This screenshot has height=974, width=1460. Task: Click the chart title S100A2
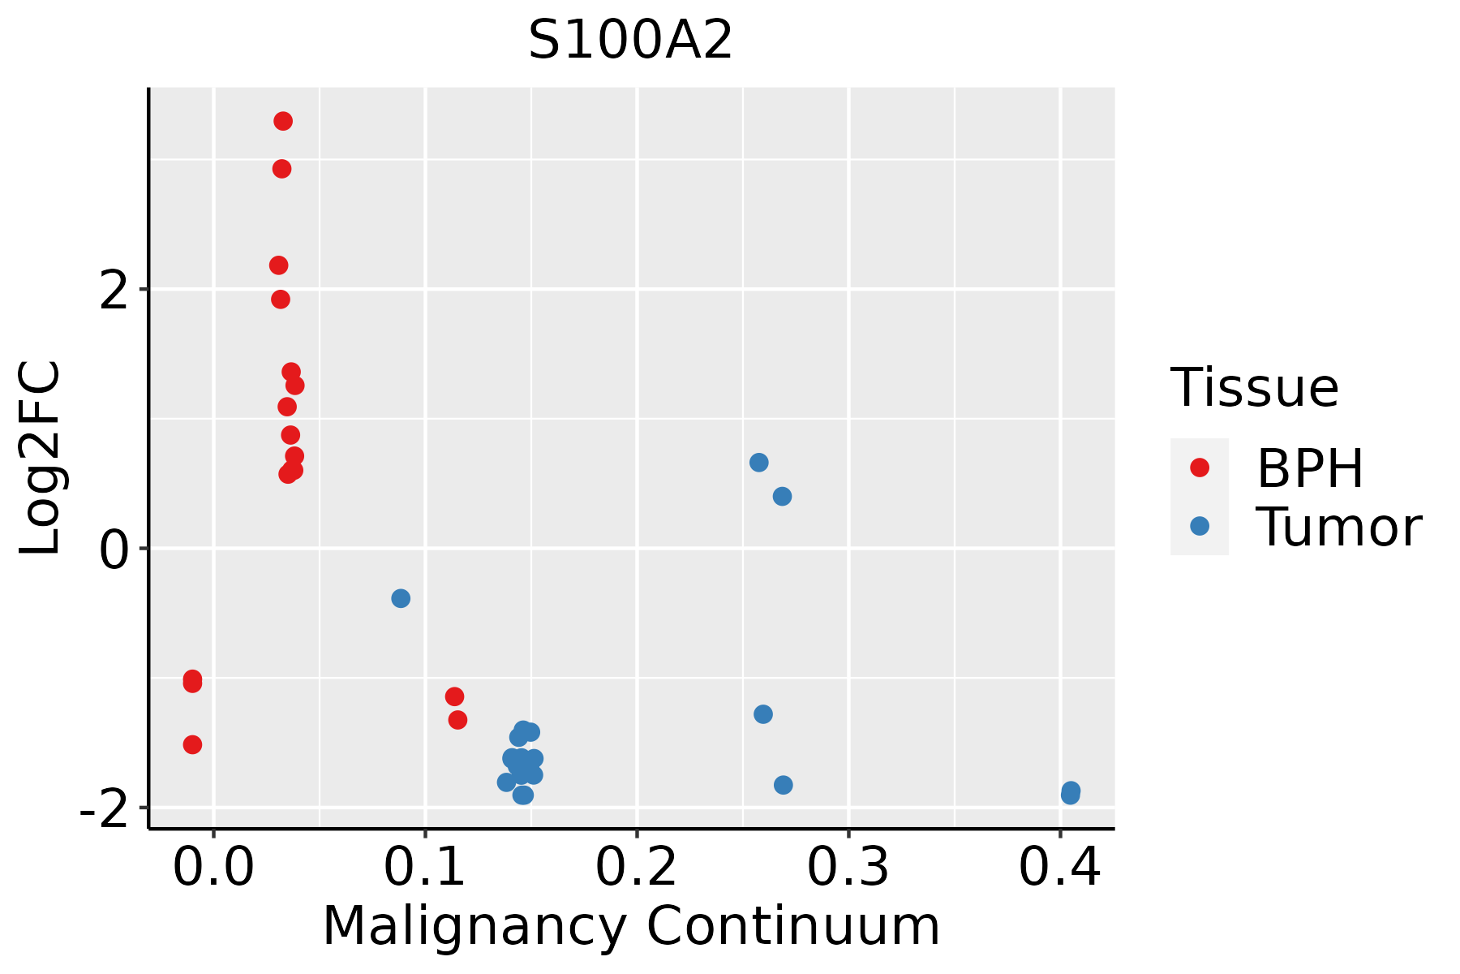[630, 41]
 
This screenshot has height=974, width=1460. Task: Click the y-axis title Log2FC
[41, 459]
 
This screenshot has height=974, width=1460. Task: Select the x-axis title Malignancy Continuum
[631, 926]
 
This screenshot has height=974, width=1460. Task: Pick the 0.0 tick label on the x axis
[213, 868]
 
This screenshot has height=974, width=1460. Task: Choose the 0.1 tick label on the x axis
[425, 868]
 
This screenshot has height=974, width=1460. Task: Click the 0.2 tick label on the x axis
[637, 868]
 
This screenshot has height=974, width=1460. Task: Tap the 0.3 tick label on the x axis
[848, 868]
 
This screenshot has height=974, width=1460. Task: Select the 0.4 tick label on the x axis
[1059, 868]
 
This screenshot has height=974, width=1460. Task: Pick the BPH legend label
[1310, 468]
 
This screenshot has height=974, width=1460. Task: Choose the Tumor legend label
[1339, 527]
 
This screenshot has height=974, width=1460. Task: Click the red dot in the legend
[1199, 468]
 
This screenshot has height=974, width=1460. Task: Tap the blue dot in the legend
[1199, 526]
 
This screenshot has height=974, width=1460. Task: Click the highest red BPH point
[283, 122]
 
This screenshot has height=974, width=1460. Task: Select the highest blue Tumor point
[759, 463]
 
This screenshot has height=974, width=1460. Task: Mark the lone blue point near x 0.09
[401, 598]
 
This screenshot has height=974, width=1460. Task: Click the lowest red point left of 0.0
[192, 744]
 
